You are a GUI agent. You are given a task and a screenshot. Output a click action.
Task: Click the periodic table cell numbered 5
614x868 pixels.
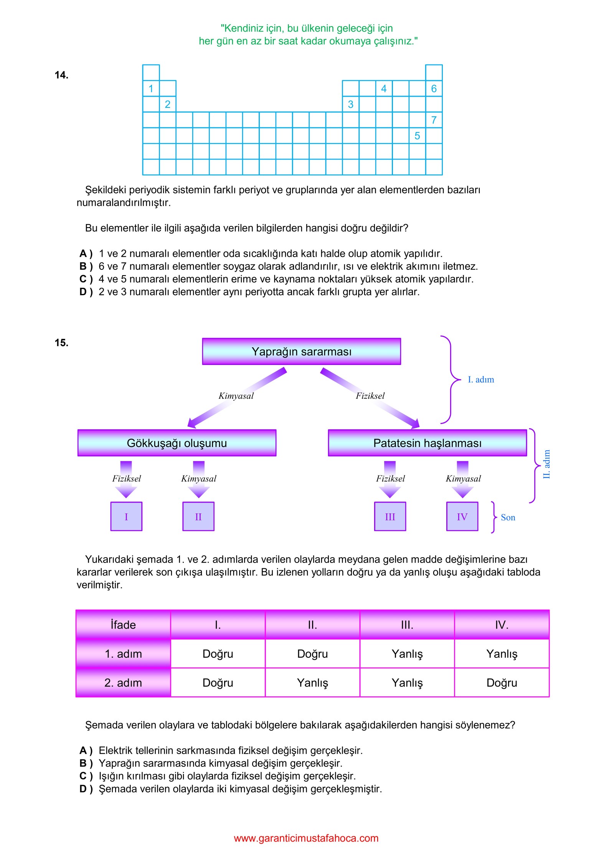pos(417,136)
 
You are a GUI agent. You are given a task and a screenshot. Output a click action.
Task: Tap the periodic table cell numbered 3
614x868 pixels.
pos(350,104)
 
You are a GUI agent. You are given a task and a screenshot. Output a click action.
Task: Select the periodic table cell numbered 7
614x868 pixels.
pos(434,120)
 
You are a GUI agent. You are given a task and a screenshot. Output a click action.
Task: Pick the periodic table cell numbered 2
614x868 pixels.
pos(168,104)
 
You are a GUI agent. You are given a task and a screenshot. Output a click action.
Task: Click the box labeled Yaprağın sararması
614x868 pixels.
pos(301,351)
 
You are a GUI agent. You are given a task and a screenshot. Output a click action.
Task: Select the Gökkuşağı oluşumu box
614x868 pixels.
pos(177,443)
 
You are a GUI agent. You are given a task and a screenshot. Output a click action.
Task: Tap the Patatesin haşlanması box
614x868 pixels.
pos(427,443)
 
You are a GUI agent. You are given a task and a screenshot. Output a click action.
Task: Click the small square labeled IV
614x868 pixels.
pos(462,517)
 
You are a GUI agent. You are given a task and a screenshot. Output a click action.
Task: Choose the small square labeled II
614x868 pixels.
pos(198,517)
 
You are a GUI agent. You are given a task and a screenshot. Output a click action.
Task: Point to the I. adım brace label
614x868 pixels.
pos(481,380)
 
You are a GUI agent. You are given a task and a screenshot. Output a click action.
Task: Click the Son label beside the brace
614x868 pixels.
pos(508,517)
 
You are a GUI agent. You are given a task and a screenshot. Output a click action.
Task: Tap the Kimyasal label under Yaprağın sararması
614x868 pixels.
pos(236,396)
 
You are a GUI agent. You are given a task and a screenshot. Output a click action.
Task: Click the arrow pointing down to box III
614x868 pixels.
pos(390,479)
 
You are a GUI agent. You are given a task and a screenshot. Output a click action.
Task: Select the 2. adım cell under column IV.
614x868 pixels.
pos(502,683)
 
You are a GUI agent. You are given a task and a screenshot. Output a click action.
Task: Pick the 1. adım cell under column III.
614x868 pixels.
pos(407,653)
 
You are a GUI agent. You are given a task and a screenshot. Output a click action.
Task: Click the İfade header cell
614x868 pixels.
pos(123,625)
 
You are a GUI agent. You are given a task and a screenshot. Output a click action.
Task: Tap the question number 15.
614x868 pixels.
pos(61,343)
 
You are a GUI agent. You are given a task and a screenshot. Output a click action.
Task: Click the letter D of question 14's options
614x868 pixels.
pos(84,292)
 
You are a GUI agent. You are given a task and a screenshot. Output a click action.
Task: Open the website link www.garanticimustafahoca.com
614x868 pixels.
pos(306,838)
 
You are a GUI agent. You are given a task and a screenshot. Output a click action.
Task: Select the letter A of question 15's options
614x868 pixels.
pos(83,750)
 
